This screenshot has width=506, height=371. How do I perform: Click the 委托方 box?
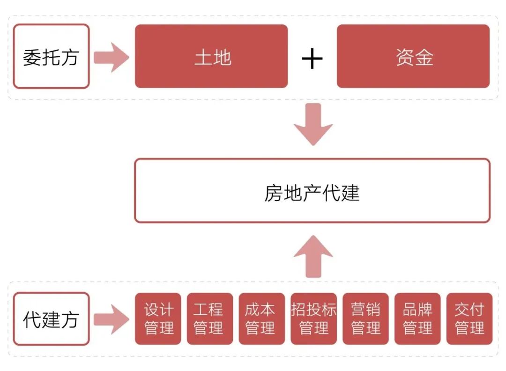click(51, 56)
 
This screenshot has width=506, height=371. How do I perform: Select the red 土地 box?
click(211, 56)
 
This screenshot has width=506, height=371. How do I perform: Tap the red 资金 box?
click(413, 56)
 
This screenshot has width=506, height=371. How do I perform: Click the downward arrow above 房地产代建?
click(313, 124)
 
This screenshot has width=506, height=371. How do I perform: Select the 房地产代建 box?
click(312, 190)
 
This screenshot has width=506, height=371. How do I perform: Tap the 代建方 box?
click(51, 319)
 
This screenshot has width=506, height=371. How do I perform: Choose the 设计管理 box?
click(158, 319)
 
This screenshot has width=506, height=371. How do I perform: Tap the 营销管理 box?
click(365, 319)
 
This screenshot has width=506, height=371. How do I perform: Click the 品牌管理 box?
click(417, 319)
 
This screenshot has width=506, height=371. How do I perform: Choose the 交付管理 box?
click(469, 319)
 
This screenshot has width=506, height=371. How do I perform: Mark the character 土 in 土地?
click(202, 57)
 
